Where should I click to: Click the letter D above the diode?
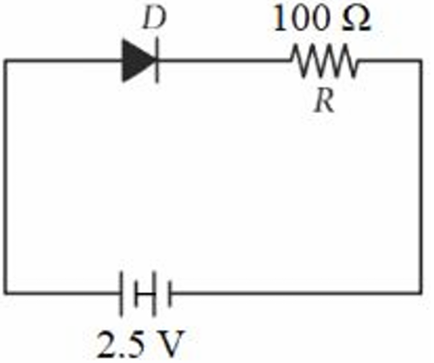click(155, 18)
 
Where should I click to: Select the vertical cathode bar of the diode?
click(157, 60)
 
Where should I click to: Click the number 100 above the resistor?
click(304, 18)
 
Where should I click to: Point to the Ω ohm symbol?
click(357, 19)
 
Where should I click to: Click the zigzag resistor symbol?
click(324, 61)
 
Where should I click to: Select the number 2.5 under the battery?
click(121, 345)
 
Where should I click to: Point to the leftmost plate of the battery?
click(121, 293)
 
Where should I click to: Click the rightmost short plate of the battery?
click(170, 293)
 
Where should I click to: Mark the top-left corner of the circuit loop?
click(6, 61)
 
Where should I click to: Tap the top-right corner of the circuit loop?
click(420, 61)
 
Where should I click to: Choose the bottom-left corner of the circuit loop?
click(6, 292)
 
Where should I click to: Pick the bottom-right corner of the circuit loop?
click(420, 292)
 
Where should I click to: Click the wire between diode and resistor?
click(224, 61)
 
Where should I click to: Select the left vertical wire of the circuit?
click(6, 177)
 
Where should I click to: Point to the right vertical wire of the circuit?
click(420, 177)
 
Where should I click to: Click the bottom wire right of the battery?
click(296, 292)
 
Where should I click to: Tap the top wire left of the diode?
click(63, 61)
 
